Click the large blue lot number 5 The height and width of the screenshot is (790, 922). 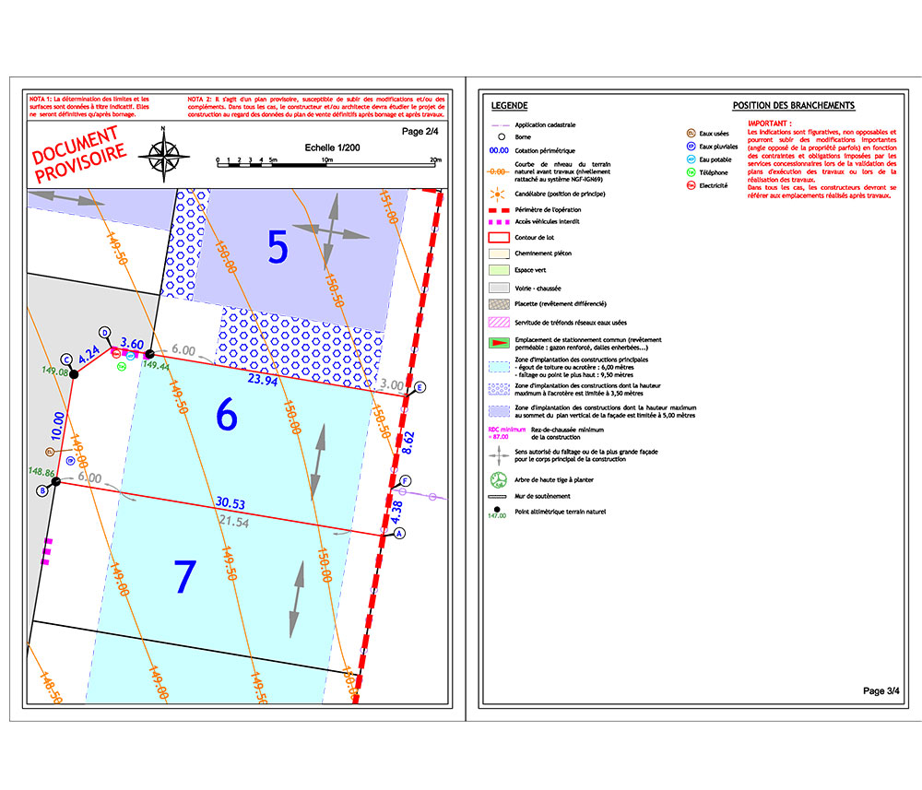point(278,246)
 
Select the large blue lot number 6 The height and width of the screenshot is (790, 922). point(226,415)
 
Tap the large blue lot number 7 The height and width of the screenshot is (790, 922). point(185,576)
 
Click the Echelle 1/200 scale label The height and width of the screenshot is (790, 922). point(332,147)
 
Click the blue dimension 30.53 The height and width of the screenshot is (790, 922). point(230,503)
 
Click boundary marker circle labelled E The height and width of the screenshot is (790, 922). point(420,387)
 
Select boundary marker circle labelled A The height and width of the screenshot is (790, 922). point(399,533)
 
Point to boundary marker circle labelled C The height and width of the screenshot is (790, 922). point(66,360)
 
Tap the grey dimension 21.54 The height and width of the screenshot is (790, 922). point(233,522)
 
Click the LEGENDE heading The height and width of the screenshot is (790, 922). point(509,106)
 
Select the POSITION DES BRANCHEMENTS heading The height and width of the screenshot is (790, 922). point(793,106)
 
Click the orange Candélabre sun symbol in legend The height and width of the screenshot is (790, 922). point(499,195)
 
